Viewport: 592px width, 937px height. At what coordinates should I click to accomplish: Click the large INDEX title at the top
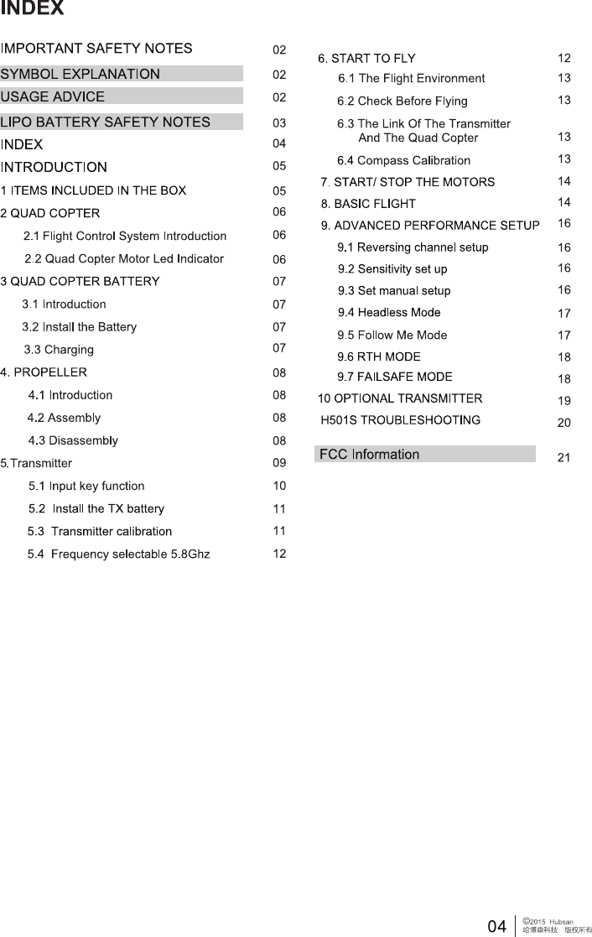pyautogui.click(x=32, y=9)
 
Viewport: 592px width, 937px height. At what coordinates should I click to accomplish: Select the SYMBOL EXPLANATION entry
pyautogui.click(x=80, y=74)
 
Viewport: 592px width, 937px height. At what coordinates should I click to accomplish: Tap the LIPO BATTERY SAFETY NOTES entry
pyautogui.click(x=106, y=122)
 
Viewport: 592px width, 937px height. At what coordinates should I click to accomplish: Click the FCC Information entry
pyautogui.click(x=369, y=455)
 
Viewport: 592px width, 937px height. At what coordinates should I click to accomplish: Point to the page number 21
pyautogui.click(x=563, y=458)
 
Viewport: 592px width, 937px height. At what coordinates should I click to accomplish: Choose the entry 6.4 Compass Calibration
pyautogui.click(x=403, y=160)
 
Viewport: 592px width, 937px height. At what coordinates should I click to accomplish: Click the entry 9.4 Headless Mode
pyautogui.click(x=388, y=312)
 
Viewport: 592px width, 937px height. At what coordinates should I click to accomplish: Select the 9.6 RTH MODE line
pyautogui.click(x=379, y=357)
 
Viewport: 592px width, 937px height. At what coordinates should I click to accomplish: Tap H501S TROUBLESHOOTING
pyautogui.click(x=400, y=419)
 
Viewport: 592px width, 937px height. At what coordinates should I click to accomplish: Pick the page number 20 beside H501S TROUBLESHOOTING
pyautogui.click(x=563, y=424)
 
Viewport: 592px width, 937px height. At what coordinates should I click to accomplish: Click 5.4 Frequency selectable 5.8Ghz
pyautogui.click(x=118, y=554)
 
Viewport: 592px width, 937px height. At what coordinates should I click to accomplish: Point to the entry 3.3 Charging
pyautogui.click(x=59, y=349)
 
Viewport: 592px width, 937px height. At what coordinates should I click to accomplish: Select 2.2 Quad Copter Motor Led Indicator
pyautogui.click(x=124, y=258)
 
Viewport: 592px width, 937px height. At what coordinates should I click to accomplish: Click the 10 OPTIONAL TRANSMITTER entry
pyautogui.click(x=400, y=398)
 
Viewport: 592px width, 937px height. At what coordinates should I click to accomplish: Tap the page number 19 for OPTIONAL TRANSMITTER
pyautogui.click(x=563, y=401)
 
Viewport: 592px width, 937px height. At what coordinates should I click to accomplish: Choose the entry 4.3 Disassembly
pyautogui.click(x=73, y=440)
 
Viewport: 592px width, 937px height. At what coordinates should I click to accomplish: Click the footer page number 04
pyautogui.click(x=497, y=926)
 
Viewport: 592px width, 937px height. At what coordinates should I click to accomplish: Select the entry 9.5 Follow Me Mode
pyautogui.click(x=392, y=335)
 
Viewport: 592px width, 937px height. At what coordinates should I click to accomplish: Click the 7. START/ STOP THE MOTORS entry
pyautogui.click(x=408, y=182)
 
